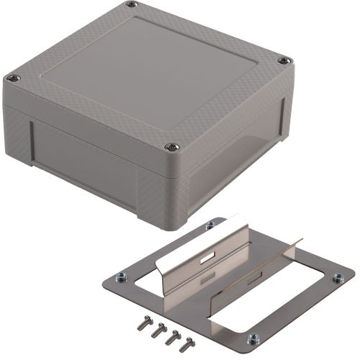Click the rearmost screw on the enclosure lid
[130, 6]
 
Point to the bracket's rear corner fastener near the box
[210, 225]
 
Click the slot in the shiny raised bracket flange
[211, 256]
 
